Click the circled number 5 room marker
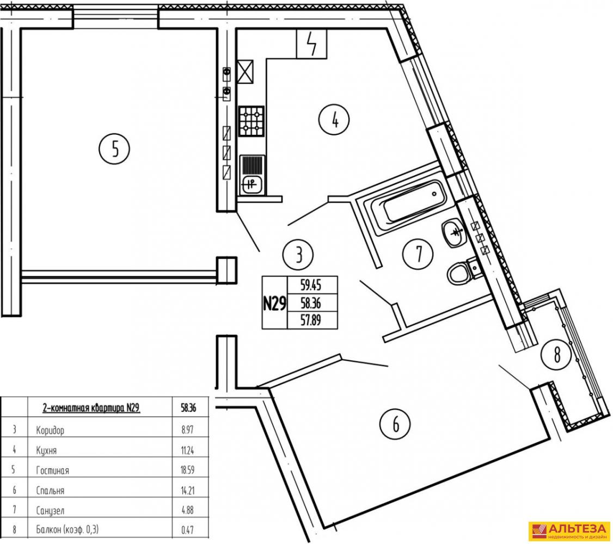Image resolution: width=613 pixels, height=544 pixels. click(x=114, y=149)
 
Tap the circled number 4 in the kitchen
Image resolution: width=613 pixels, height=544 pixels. click(x=335, y=120)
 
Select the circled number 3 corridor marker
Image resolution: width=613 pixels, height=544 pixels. click(x=298, y=255)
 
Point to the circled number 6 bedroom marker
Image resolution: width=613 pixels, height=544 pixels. click(x=395, y=424)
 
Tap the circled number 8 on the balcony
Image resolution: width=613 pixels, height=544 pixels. click(x=557, y=355)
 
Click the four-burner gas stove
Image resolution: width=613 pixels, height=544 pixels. click(x=252, y=121)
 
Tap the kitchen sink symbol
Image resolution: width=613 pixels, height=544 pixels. click(x=252, y=175)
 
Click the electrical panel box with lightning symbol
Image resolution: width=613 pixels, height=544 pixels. click(x=311, y=44)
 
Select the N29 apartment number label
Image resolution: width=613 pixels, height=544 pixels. click(x=274, y=302)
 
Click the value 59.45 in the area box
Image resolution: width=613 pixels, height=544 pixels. click(x=311, y=286)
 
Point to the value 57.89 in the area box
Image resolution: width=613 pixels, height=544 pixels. click(x=311, y=320)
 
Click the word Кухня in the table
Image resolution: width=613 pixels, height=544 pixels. click(x=46, y=450)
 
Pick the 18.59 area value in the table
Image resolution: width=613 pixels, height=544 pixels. click(x=188, y=470)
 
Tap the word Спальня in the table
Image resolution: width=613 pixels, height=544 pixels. click(x=50, y=491)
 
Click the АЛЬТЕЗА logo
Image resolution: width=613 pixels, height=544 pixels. click(x=569, y=531)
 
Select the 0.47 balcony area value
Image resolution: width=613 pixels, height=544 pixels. click(x=188, y=530)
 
